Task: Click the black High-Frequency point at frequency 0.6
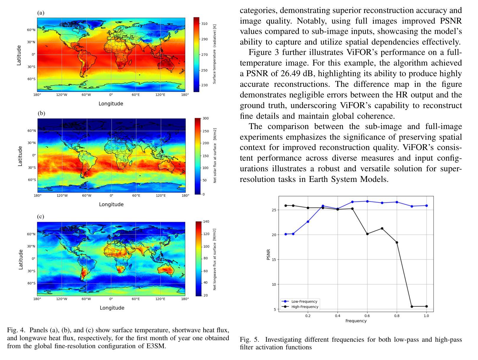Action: (x=367, y=234)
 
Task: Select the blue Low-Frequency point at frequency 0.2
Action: (x=308, y=221)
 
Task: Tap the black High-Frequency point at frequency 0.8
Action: (x=397, y=242)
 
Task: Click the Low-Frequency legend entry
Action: (x=300, y=302)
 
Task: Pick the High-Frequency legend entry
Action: (x=300, y=307)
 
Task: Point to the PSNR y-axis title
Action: (x=268, y=255)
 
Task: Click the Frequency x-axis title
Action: (x=356, y=321)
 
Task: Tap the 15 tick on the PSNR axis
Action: (x=274, y=260)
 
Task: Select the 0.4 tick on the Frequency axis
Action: (x=338, y=315)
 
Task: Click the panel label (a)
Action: (x=41, y=13)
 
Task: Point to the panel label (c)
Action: (x=40, y=216)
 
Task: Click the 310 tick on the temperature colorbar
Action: (x=204, y=24)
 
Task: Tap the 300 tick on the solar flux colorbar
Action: (x=206, y=118)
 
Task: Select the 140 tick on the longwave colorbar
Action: (x=206, y=221)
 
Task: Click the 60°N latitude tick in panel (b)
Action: (x=31, y=131)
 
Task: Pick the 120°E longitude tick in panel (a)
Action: (x=160, y=95)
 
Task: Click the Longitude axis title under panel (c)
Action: (x=112, y=308)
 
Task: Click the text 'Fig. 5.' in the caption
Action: (x=250, y=340)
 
